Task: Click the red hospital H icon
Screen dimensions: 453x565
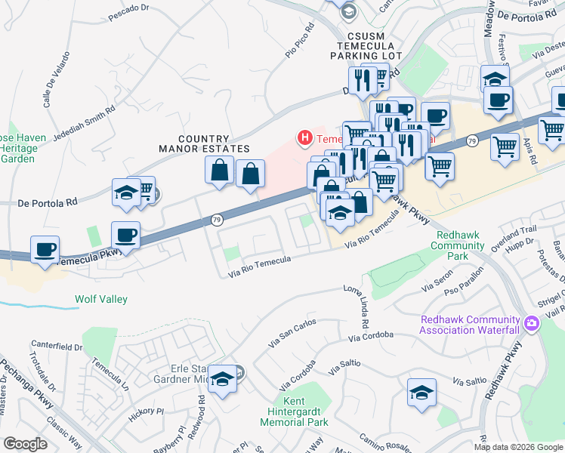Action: pyautogui.click(x=304, y=138)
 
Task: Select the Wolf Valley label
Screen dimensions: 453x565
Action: pyautogui.click(x=100, y=299)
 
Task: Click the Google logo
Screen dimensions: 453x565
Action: pyautogui.click(x=25, y=444)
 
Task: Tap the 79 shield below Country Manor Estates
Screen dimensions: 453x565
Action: pyautogui.click(x=217, y=220)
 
